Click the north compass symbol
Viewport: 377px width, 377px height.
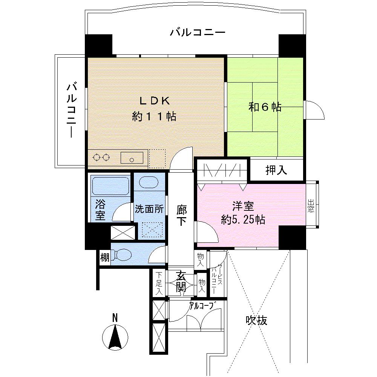point(115,335)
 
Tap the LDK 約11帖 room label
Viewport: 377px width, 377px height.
point(155,109)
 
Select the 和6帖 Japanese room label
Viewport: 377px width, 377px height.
point(265,107)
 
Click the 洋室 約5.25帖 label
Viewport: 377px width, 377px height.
point(243,213)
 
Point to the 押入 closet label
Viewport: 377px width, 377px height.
point(276,170)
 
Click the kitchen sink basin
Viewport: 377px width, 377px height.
point(132,158)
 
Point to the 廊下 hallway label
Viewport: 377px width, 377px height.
point(182,215)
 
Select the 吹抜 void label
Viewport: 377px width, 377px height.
point(257,320)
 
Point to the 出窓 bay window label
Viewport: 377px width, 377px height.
point(311,206)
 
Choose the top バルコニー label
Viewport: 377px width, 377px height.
point(197,32)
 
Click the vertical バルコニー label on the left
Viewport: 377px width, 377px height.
point(72,111)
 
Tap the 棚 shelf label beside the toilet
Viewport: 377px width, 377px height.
point(104,258)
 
